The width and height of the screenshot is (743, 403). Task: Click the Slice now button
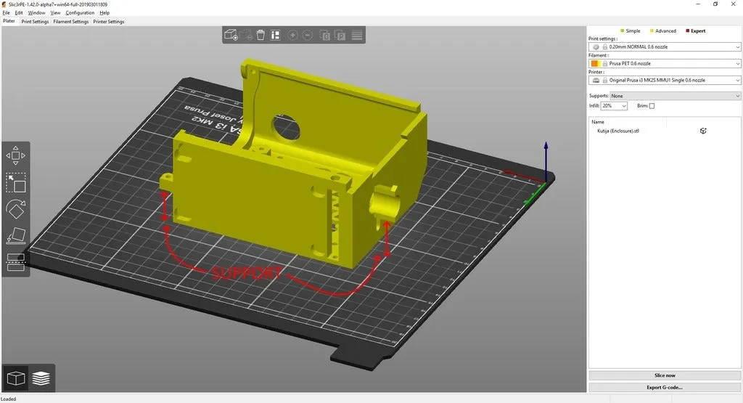click(664, 375)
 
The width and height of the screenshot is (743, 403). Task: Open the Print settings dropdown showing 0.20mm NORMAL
click(664, 46)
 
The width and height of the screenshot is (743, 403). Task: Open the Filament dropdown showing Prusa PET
click(664, 63)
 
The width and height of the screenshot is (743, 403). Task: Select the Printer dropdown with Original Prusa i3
click(664, 80)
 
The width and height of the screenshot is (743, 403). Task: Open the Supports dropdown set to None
click(675, 96)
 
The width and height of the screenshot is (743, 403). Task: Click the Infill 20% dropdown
click(614, 106)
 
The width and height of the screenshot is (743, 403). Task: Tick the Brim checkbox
click(652, 106)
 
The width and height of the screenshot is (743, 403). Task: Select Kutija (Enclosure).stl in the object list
click(618, 131)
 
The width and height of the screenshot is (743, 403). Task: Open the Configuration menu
click(80, 13)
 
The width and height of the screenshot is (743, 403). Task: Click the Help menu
click(104, 13)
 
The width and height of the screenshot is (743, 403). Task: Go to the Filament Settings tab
click(70, 22)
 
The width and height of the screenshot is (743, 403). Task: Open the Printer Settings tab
click(108, 22)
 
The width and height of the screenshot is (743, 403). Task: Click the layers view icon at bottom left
click(41, 378)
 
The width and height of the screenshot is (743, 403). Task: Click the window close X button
click(734, 4)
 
